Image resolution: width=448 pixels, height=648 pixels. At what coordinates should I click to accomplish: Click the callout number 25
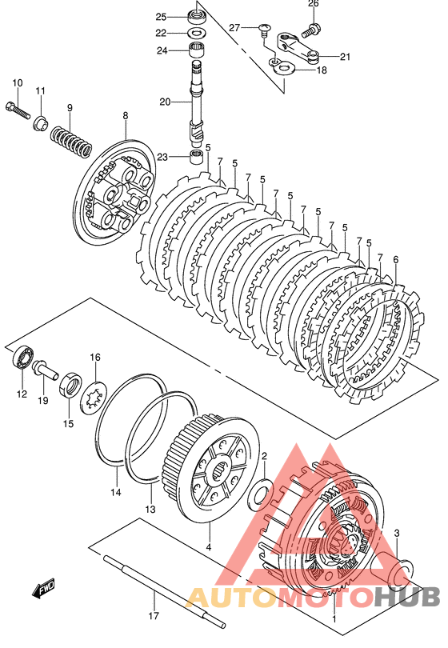click(161, 17)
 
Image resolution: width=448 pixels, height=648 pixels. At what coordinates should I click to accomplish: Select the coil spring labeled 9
click(70, 142)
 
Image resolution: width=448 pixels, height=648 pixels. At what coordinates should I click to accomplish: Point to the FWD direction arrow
click(43, 589)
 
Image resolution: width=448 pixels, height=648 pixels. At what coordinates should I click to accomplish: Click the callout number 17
click(154, 616)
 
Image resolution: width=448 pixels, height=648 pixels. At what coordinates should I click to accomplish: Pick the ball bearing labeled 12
click(22, 358)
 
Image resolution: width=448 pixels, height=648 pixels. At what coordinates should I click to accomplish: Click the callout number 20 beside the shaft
click(165, 102)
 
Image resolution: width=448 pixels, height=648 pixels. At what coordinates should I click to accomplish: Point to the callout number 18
click(321, 70)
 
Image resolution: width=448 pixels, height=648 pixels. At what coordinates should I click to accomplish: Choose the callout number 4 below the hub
click(209, 547)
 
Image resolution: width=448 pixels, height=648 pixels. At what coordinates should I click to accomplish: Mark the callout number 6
click(396, 260)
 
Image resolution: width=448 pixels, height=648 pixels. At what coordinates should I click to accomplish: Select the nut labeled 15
click(70, 385)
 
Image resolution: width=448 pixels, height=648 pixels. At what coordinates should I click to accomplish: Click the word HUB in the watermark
click(407, 597)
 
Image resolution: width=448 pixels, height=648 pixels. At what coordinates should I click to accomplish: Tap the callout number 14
click(116, 492)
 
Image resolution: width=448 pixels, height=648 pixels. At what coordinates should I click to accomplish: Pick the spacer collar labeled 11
click(40, 123)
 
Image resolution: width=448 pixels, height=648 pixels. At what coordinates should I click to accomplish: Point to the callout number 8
click(126, 116)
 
